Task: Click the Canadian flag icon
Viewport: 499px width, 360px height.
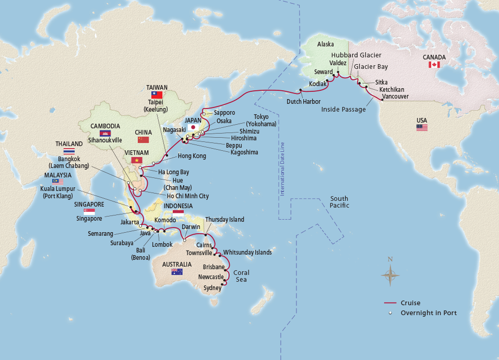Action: tap(434, 65)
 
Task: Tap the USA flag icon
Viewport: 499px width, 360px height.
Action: tap(422, 127)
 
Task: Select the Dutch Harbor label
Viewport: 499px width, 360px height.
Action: tap(304, 101)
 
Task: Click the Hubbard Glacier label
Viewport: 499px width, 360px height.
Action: tap(357, 55)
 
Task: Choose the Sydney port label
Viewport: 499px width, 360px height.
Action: tap(212, 287)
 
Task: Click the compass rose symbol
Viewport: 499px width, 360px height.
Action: tap(390, 274)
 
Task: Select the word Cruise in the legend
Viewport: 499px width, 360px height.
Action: tap(410, 303)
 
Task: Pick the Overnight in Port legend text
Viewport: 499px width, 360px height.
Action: tap(429, 313)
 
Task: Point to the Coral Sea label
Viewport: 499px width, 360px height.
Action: tap(241, 276)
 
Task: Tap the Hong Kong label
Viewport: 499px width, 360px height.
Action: tap(192, 156)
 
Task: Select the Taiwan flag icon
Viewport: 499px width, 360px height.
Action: tap(157, 95)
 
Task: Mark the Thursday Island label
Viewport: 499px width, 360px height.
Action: tap(224, 220)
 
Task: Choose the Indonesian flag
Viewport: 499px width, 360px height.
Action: tap(179, 214)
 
